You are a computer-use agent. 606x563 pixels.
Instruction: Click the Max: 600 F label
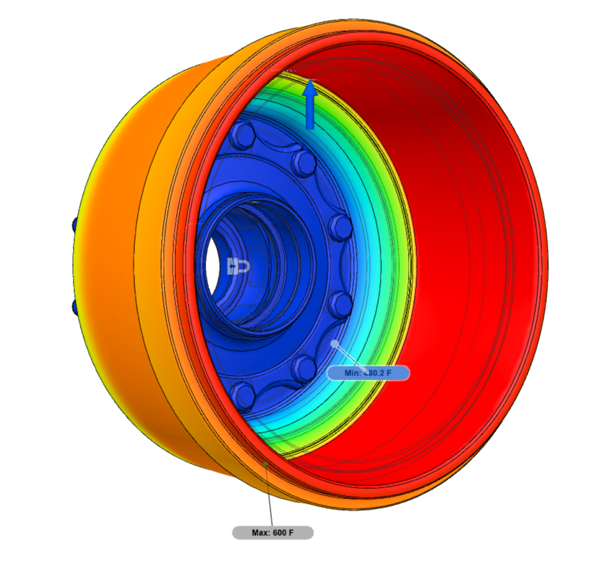273,533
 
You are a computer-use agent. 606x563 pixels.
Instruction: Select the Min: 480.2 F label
368,373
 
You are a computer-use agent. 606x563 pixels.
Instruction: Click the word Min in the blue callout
352,373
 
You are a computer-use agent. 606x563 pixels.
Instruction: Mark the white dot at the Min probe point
335,344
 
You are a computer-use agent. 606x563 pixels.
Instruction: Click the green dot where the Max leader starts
266,464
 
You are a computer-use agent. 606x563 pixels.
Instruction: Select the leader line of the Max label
269,496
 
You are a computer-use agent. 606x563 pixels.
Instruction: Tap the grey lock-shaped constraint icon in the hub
239,267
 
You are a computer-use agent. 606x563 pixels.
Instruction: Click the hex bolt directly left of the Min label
304,368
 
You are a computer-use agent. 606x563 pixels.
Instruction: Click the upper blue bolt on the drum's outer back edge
74,225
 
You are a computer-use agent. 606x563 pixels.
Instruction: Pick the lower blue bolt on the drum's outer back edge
75,307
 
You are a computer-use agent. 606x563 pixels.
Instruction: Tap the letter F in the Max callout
291,533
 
